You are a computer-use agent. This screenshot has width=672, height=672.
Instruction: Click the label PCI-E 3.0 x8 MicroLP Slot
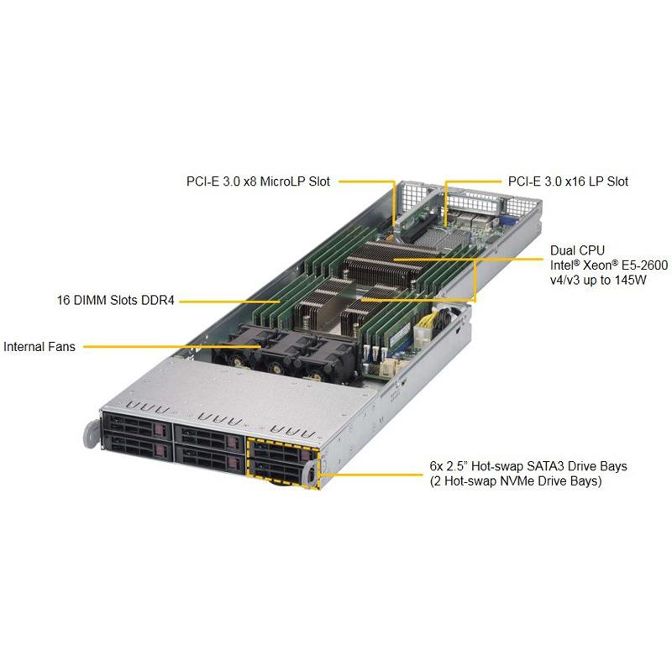click(x=258, y=181)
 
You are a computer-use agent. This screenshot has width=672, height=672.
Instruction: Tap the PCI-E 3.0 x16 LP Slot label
click(x=568, y=181)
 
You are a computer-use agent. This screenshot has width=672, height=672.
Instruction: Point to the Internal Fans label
click(x=39, y=346)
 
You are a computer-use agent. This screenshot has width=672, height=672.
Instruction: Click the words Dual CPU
click(x=575, y=250)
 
